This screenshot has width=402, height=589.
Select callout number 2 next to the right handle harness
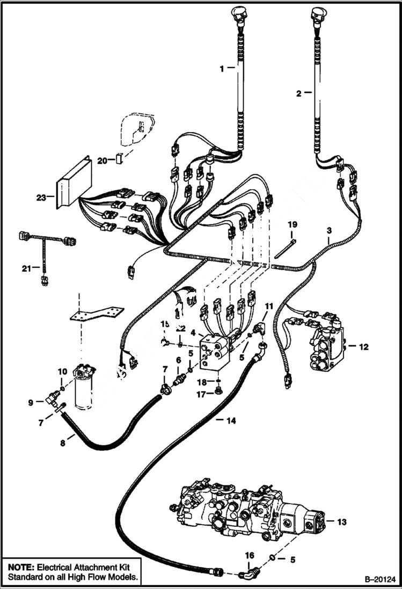(x=298, y=93)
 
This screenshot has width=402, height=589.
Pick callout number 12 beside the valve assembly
(x=363, y=347)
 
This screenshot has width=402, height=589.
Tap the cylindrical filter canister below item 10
(x=84, y=392)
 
